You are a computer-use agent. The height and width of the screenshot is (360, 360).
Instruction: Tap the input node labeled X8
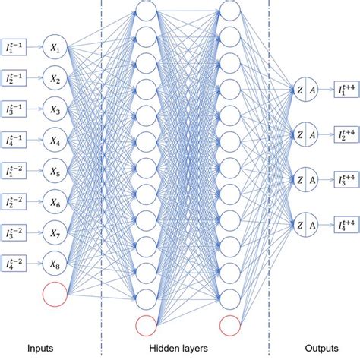pos(56,263)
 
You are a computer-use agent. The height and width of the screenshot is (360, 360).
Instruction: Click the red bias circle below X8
pos(56,293)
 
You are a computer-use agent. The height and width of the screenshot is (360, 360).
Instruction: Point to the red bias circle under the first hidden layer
pos(147,326)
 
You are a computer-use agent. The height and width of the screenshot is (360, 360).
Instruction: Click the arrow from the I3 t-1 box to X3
pos(37,109)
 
